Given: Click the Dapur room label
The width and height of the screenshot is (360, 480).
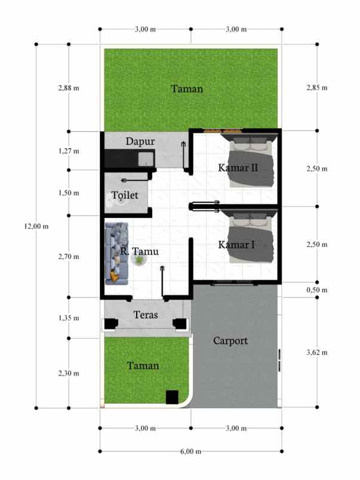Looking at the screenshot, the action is coord(140,141).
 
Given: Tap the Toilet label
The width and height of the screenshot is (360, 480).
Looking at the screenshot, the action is coord(125,195).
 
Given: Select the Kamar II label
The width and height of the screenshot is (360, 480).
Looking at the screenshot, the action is coord(238,168).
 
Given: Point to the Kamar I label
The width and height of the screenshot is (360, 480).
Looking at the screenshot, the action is coord(236,245).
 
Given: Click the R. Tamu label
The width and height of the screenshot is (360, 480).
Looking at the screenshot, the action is coord(140,251).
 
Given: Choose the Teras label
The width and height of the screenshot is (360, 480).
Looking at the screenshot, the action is coord(146,315).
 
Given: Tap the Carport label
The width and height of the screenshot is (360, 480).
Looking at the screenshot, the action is coord(230,341).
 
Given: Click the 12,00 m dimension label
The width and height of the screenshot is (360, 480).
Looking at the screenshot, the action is coord(36,226).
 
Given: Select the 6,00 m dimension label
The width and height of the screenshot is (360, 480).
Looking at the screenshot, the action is coord(190,451).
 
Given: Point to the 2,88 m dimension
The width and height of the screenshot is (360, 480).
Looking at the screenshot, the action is coord(69,88).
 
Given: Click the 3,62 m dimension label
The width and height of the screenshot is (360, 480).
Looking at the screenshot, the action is coord(317,352).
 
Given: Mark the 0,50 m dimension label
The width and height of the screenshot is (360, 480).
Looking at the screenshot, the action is coord(317,290).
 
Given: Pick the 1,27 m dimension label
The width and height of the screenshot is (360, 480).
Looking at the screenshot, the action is coord(69,151).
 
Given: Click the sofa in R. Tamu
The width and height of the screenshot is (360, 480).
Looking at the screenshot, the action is coord(116,254).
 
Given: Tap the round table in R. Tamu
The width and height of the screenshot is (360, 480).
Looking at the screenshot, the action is coord(139,260).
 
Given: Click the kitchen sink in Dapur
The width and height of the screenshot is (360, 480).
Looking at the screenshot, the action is coord(146,159).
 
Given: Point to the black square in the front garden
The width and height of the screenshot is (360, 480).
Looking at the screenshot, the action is coord(172,397).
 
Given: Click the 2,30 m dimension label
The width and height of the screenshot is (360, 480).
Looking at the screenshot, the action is coord(69,374).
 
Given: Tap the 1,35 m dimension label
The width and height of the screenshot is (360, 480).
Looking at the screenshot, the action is coord(69,318).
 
